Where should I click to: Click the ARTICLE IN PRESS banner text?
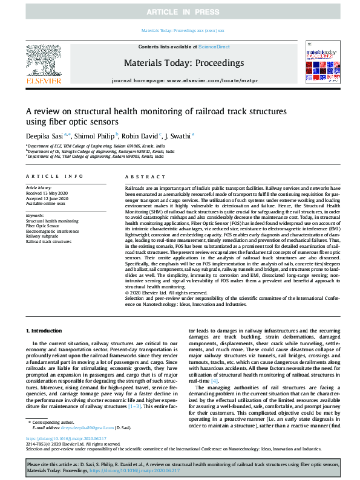180,10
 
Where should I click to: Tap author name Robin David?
142,137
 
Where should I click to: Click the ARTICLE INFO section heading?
54,177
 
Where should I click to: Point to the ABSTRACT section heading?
143,177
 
